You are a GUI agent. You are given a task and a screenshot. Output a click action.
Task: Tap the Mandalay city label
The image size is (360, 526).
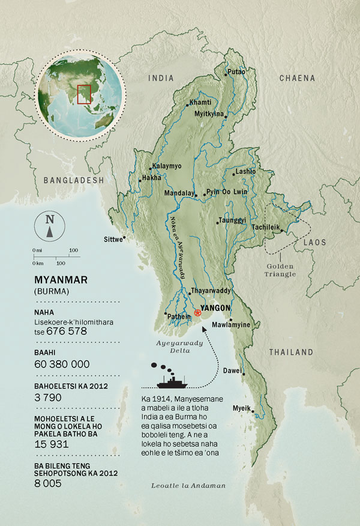[x=180, y=193]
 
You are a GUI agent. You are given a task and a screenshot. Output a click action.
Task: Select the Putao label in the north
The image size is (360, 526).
[x=236, y=74]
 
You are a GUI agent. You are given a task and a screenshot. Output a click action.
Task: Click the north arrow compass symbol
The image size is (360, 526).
[x=49, y=226]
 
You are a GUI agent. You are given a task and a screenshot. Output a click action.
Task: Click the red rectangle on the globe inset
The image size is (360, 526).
[x=84, y=94]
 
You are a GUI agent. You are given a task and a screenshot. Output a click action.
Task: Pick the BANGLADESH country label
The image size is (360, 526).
[x=74, y=180]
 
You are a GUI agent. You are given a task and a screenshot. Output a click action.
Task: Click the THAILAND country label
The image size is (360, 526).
[x=290, y=352]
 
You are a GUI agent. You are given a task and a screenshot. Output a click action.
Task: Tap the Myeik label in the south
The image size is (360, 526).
[x=241, y=408]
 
